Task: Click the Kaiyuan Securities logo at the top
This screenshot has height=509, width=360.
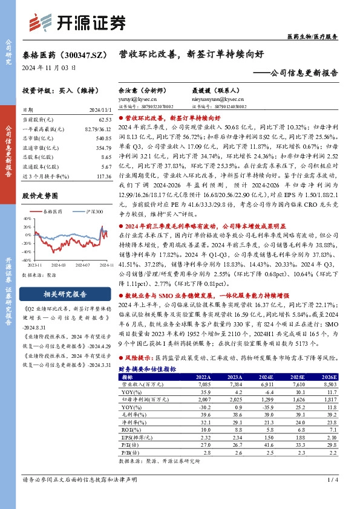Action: click(x=73, y=22)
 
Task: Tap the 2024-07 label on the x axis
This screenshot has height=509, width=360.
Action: click(x=82, y=265)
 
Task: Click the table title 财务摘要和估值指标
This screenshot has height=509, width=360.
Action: click(x=146, y=368)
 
